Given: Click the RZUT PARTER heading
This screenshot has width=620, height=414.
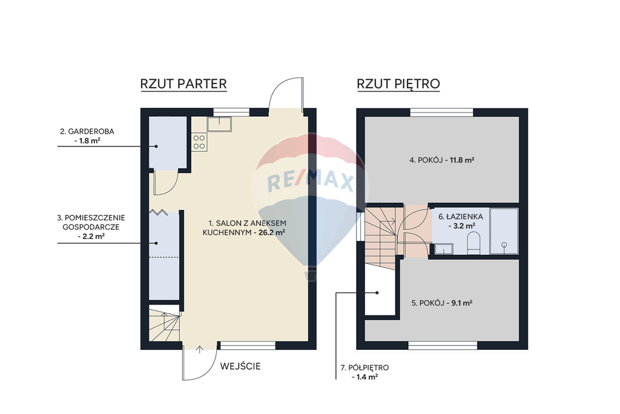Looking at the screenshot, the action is coord(183,84).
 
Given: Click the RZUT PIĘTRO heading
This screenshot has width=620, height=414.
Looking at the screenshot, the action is coord(398,84).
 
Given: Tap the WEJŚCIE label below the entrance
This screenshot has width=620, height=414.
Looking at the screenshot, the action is coord(240,366).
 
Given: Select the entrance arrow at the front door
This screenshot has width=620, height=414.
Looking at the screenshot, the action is coord(200,350).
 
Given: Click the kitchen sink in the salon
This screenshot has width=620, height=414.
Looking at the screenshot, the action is coord(219,123).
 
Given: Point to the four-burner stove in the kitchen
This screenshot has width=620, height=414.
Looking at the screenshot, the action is coord(199,142).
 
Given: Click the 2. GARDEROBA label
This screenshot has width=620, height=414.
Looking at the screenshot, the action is coord(87,131).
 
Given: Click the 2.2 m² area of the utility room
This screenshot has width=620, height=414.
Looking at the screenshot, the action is coord(94,237).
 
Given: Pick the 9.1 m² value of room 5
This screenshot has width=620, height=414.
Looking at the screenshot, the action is coord(462,303).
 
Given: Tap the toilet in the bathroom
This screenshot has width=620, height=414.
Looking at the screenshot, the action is coord(473,243).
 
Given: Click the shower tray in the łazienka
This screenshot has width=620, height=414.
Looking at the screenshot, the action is coord(504,231).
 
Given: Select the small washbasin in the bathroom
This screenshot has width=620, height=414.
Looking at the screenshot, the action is coord(444,249).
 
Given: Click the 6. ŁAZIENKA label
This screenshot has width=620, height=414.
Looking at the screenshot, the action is coord(461,217).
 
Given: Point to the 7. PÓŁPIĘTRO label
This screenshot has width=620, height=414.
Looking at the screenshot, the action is coord(364,367).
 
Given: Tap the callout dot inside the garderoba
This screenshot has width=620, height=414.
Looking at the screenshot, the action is coord(156,146).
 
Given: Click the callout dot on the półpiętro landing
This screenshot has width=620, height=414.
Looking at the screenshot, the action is coord(377,293).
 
